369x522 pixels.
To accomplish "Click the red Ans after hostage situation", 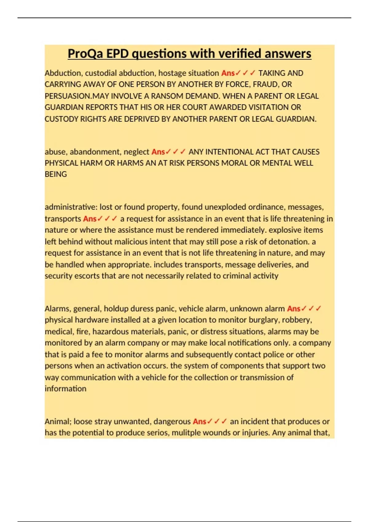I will (x=228, y=73).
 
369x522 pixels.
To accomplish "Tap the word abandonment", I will (x=95, y=152).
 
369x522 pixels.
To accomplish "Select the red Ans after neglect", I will (x=158, y=152).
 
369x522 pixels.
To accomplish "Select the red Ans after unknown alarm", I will (x=294, y=309).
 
